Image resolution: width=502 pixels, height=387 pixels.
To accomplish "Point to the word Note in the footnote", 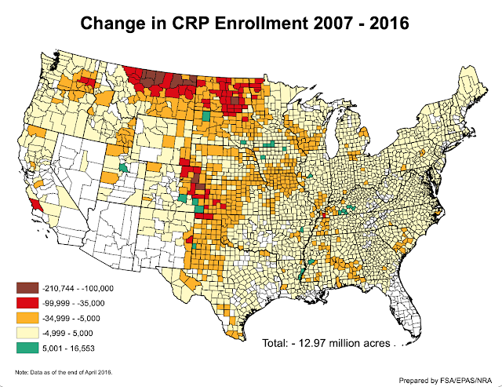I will [21, 371].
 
